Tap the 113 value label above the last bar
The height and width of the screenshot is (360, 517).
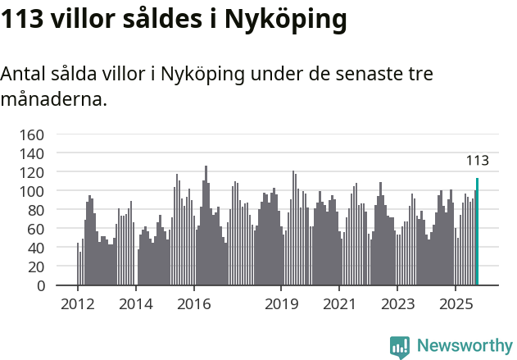[x=477, y=161]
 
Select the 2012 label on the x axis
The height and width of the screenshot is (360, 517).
[x=78, y=304]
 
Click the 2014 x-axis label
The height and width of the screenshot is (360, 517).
[x=136, y=304]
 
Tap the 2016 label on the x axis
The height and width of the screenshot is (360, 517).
[x=193, y=304]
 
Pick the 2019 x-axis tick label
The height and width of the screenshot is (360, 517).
[x=281, y=304]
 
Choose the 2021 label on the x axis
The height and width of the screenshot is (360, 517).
[x=338, y=304]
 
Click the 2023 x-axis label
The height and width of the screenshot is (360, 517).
[x=397, y=304]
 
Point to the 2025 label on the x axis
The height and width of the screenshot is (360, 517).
[x=455, y=304]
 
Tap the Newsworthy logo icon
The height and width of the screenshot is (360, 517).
[x=400, y=347]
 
